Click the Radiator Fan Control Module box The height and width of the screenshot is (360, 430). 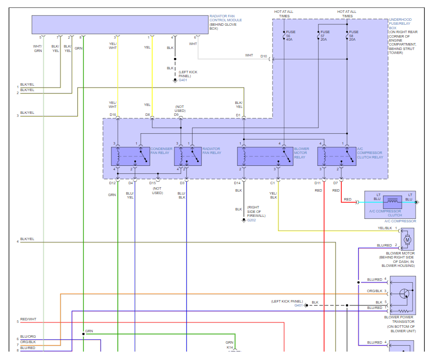tap(120, 24)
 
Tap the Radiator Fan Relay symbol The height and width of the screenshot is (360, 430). tap(188, 156)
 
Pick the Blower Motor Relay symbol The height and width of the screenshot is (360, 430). tap(265, 156)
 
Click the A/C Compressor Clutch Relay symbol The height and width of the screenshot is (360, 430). tap(336, 156)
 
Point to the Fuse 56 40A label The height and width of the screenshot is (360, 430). tap(290, 36)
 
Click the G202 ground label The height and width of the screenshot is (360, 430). tap(252, 220)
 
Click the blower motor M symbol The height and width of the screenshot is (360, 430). tap(408, 240)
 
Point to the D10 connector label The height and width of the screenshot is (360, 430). tap(264, 56)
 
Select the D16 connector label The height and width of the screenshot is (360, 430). tap(113, 115)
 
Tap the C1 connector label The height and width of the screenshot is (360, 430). tap(272, 183)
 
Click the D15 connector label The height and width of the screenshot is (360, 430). tap(153, 183)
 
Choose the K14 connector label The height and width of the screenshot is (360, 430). tap(230, 348)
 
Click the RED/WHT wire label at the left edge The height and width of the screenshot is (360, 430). tap(28, 319)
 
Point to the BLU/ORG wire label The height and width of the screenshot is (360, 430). tap(28, 337)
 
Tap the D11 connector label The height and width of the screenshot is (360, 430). tap(318, 183)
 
